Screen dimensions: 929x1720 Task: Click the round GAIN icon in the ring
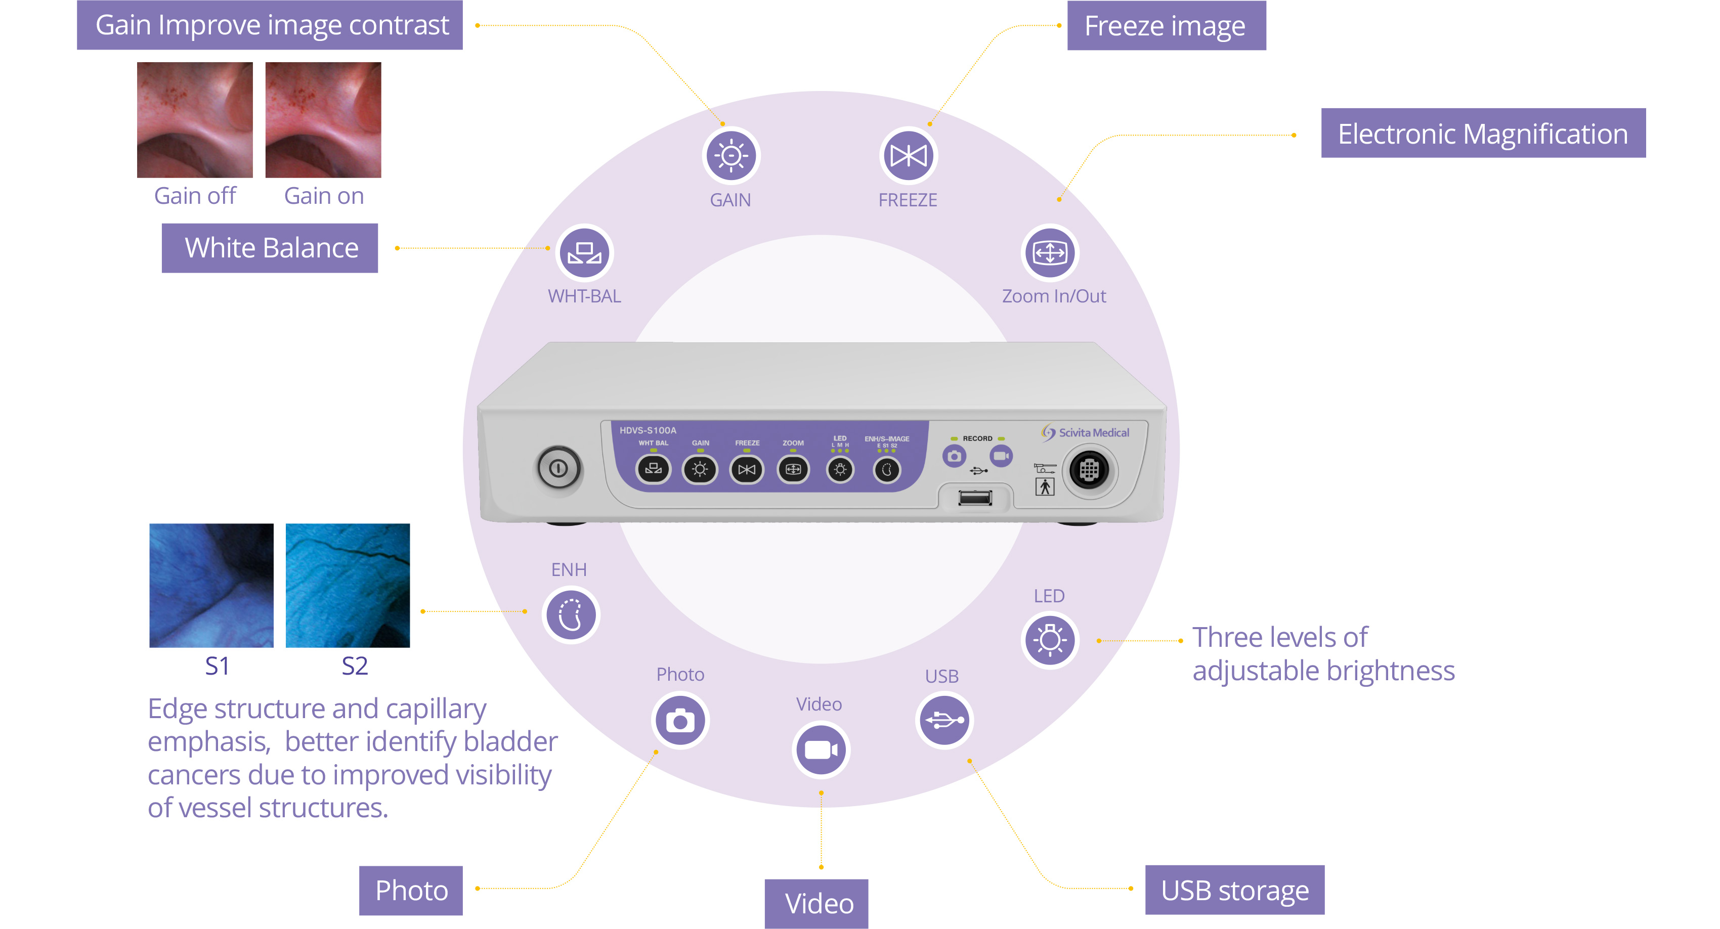730,155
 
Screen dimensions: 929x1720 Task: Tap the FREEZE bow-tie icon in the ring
908,155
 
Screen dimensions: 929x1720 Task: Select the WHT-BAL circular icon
584,253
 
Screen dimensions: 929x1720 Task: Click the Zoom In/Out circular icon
1050,253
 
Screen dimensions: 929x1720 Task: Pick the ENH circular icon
571,614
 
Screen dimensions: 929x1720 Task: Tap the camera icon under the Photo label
680,721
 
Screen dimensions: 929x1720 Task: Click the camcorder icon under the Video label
821,750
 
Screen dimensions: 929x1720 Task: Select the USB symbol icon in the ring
943,720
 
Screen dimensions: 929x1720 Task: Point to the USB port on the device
975,498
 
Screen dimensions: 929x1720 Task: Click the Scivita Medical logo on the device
1086,432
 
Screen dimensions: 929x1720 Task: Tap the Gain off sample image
195,120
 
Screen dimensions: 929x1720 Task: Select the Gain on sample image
323,120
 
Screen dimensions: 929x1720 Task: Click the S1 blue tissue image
211,585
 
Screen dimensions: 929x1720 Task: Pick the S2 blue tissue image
348,585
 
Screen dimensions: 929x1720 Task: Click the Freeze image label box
1166,26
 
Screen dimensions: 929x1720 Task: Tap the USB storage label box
1234,890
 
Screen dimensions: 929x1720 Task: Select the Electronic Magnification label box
1483,134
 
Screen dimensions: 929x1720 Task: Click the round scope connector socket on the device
1089,470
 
